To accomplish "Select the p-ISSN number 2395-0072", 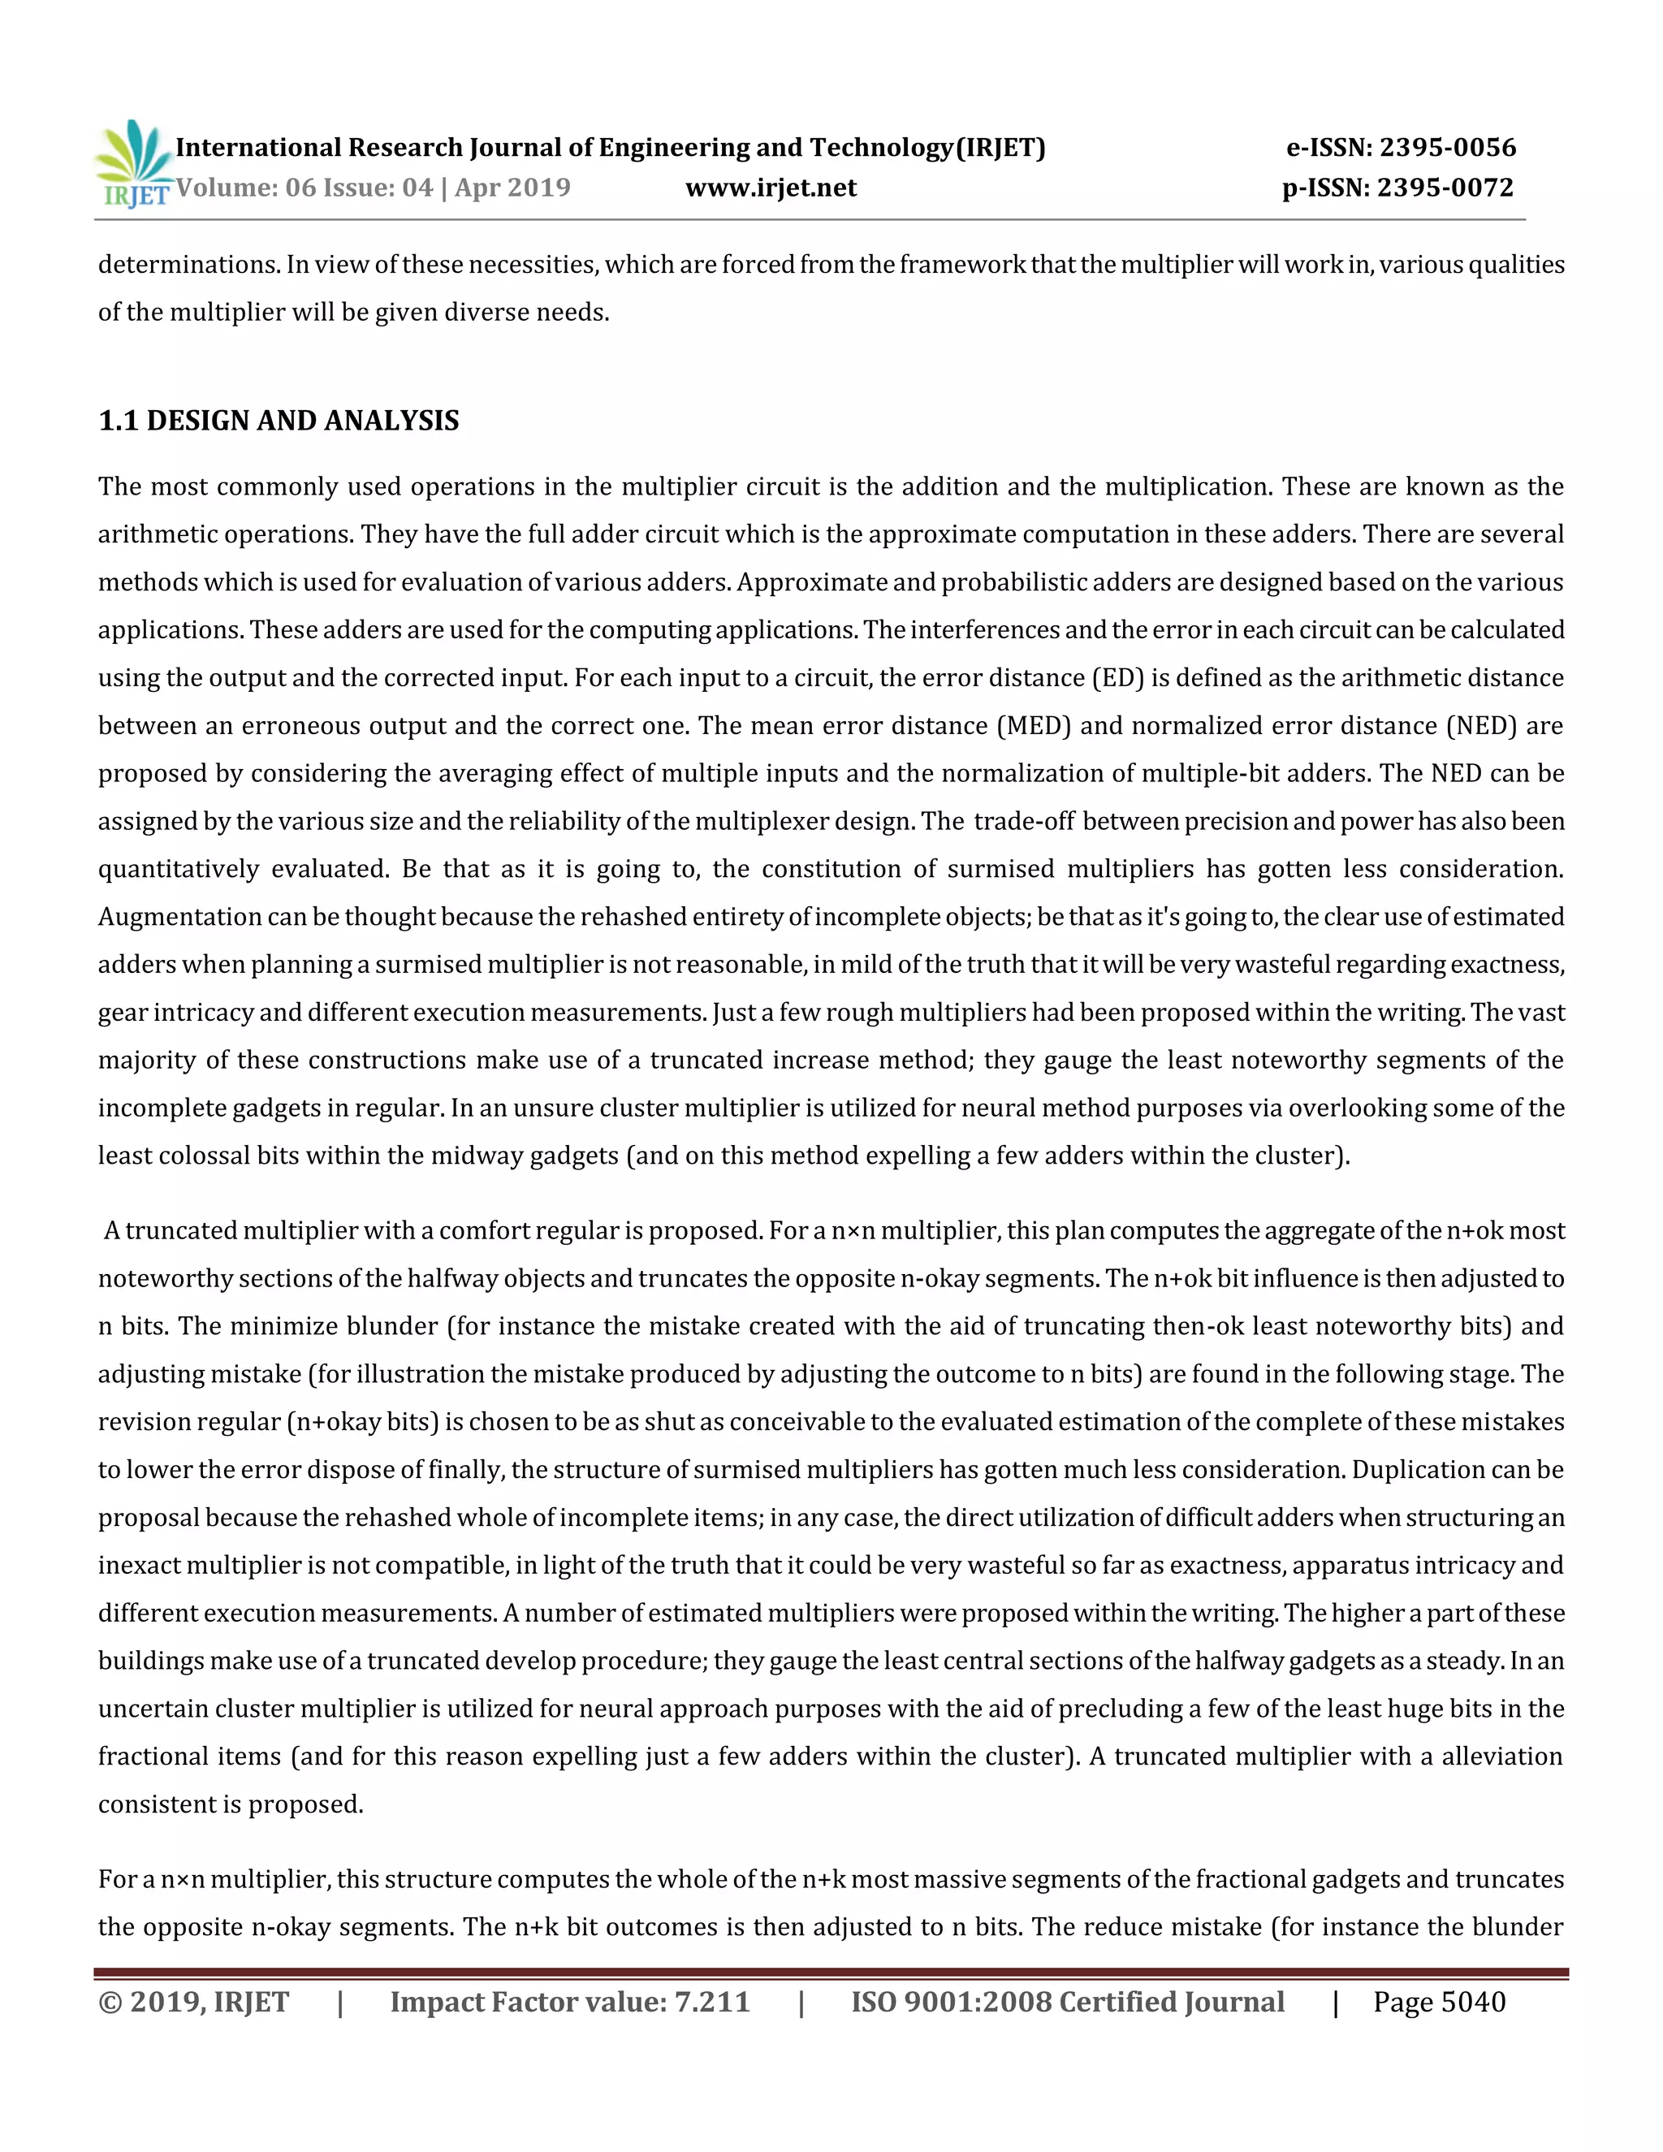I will (1445, 188).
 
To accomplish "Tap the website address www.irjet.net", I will (771, 188).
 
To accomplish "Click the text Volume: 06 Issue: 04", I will (304, 188).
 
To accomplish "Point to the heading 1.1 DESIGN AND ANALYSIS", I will (279, 421).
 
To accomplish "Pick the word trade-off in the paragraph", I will (1024, 822).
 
